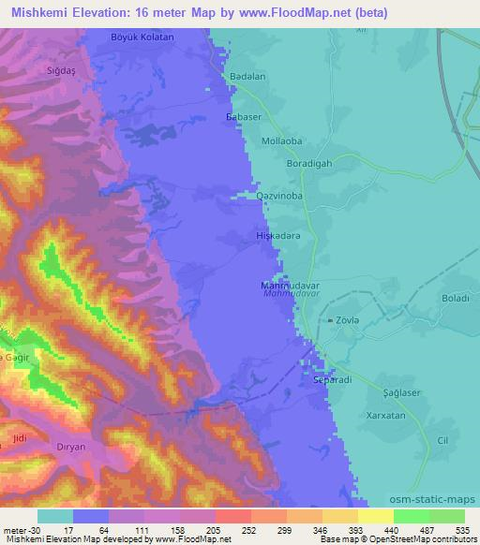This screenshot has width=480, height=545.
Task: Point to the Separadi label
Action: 331,381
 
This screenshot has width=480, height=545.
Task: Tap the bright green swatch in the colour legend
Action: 411,516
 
